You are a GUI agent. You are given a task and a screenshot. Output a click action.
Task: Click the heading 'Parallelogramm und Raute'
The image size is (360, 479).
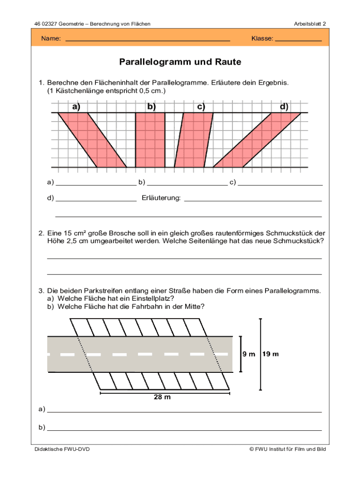(x=180, y=62)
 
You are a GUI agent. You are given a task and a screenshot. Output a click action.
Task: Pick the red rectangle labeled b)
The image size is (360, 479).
(x=150, y=140)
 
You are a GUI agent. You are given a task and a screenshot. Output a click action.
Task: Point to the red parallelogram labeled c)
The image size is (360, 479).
(x=194, y=140)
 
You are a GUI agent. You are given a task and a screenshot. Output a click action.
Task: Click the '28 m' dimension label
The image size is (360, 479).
(x=162, y=398)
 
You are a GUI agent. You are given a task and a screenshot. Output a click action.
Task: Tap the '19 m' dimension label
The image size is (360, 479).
(x=271, y=354)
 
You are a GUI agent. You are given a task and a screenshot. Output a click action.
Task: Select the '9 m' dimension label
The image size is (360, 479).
(x=248, y=354)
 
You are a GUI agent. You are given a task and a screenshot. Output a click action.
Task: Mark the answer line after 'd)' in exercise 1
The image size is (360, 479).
(x=96, y=200)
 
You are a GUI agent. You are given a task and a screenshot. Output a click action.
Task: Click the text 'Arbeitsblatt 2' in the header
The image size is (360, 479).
(x=310, y=23)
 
